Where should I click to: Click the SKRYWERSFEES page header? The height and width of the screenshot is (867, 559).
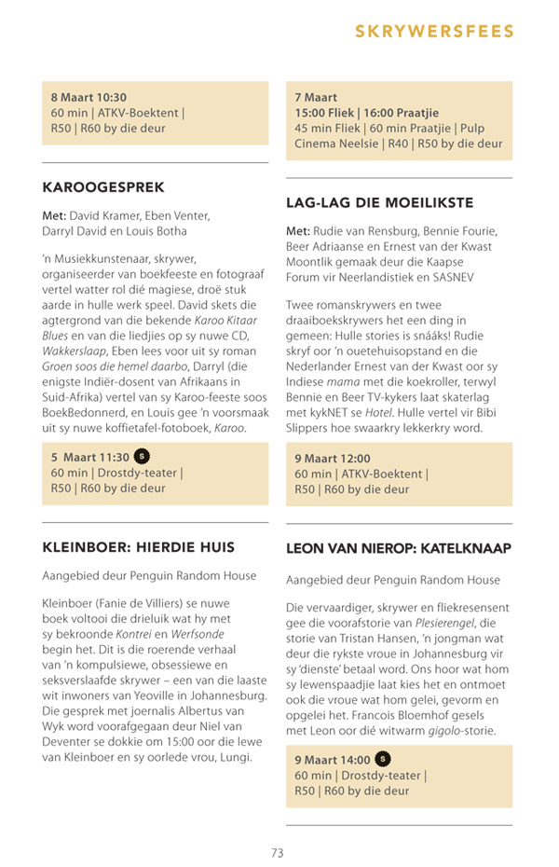click(434, 32)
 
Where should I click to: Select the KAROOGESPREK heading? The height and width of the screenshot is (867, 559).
click(103, 187)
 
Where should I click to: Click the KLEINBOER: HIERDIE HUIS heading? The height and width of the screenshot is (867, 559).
click(138, 546)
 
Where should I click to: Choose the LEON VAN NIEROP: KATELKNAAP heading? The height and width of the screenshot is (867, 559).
click(399, 549)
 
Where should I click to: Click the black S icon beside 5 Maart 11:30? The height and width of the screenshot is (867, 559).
click(142, 457)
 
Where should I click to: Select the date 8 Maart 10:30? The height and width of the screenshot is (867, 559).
click(89, 97)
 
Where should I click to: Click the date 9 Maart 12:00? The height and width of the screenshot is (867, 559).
click(333, 458)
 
